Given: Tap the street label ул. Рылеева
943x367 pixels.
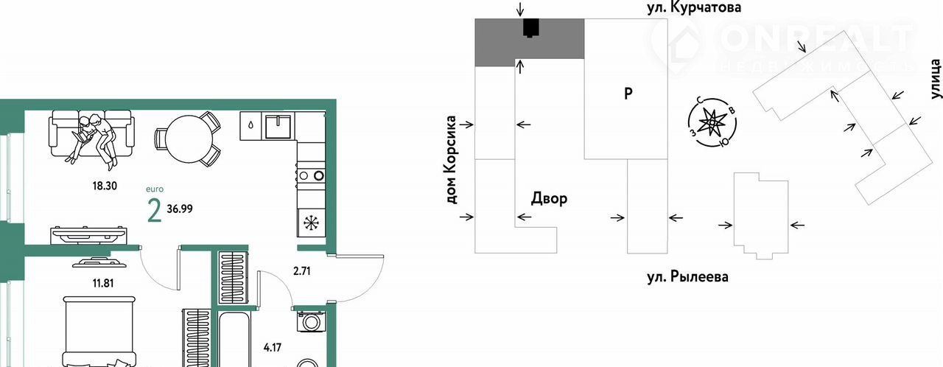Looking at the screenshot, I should click(687, 278).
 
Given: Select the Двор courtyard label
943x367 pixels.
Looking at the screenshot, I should click(549, 199).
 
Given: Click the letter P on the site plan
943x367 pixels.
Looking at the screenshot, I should click(628, 94).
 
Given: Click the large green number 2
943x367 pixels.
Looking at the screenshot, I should click(155, 212).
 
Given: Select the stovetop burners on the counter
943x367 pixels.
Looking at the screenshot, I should click(311, 175).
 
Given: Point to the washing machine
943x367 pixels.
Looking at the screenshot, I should click(308, 322).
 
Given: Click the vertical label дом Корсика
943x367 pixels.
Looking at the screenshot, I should click(452, 159).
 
